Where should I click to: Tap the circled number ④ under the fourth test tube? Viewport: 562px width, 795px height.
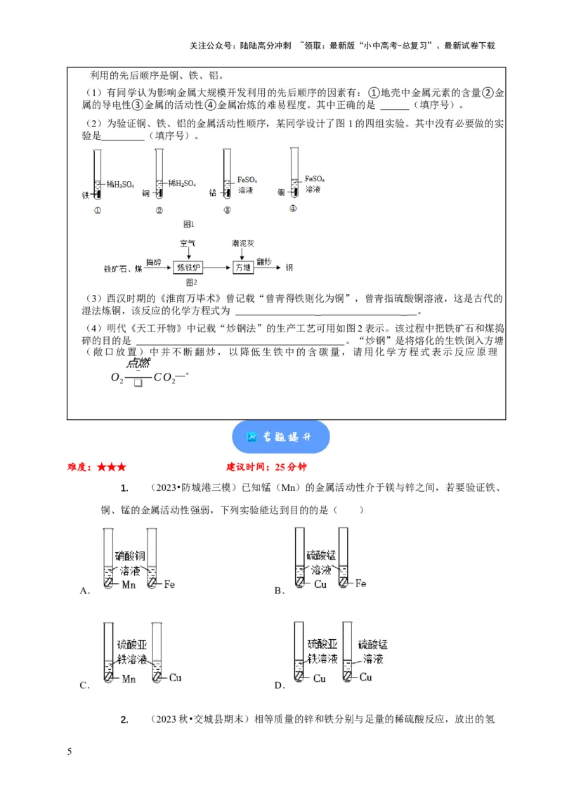click(293, 209)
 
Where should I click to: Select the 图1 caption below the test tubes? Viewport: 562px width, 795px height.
click(188, 224)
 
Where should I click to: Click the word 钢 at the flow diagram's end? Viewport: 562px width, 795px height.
click(289, 268)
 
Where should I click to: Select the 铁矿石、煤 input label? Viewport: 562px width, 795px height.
click(123, 268)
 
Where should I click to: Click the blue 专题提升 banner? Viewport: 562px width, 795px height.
click(280, 437)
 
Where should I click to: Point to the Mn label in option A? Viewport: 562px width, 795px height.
click(129, 584)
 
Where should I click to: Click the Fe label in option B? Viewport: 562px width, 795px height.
click(360, 584)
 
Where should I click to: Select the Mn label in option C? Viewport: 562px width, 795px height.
click(129, 678)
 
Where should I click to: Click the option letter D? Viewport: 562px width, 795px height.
click(279, 685)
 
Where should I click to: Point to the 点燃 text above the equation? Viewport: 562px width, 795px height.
click(138, 363)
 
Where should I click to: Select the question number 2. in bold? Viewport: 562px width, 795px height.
click(124, 719)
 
